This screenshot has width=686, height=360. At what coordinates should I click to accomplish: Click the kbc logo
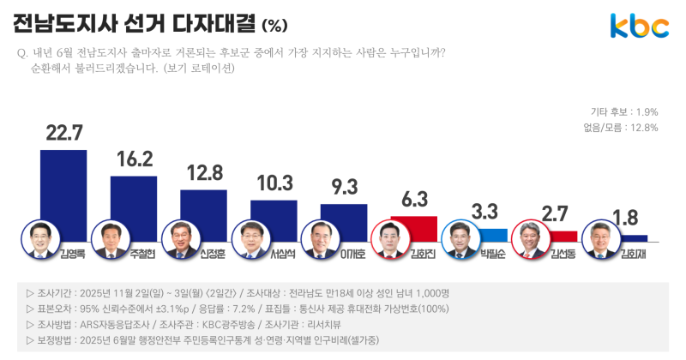639,27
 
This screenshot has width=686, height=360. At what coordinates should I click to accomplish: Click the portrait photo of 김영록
40,240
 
